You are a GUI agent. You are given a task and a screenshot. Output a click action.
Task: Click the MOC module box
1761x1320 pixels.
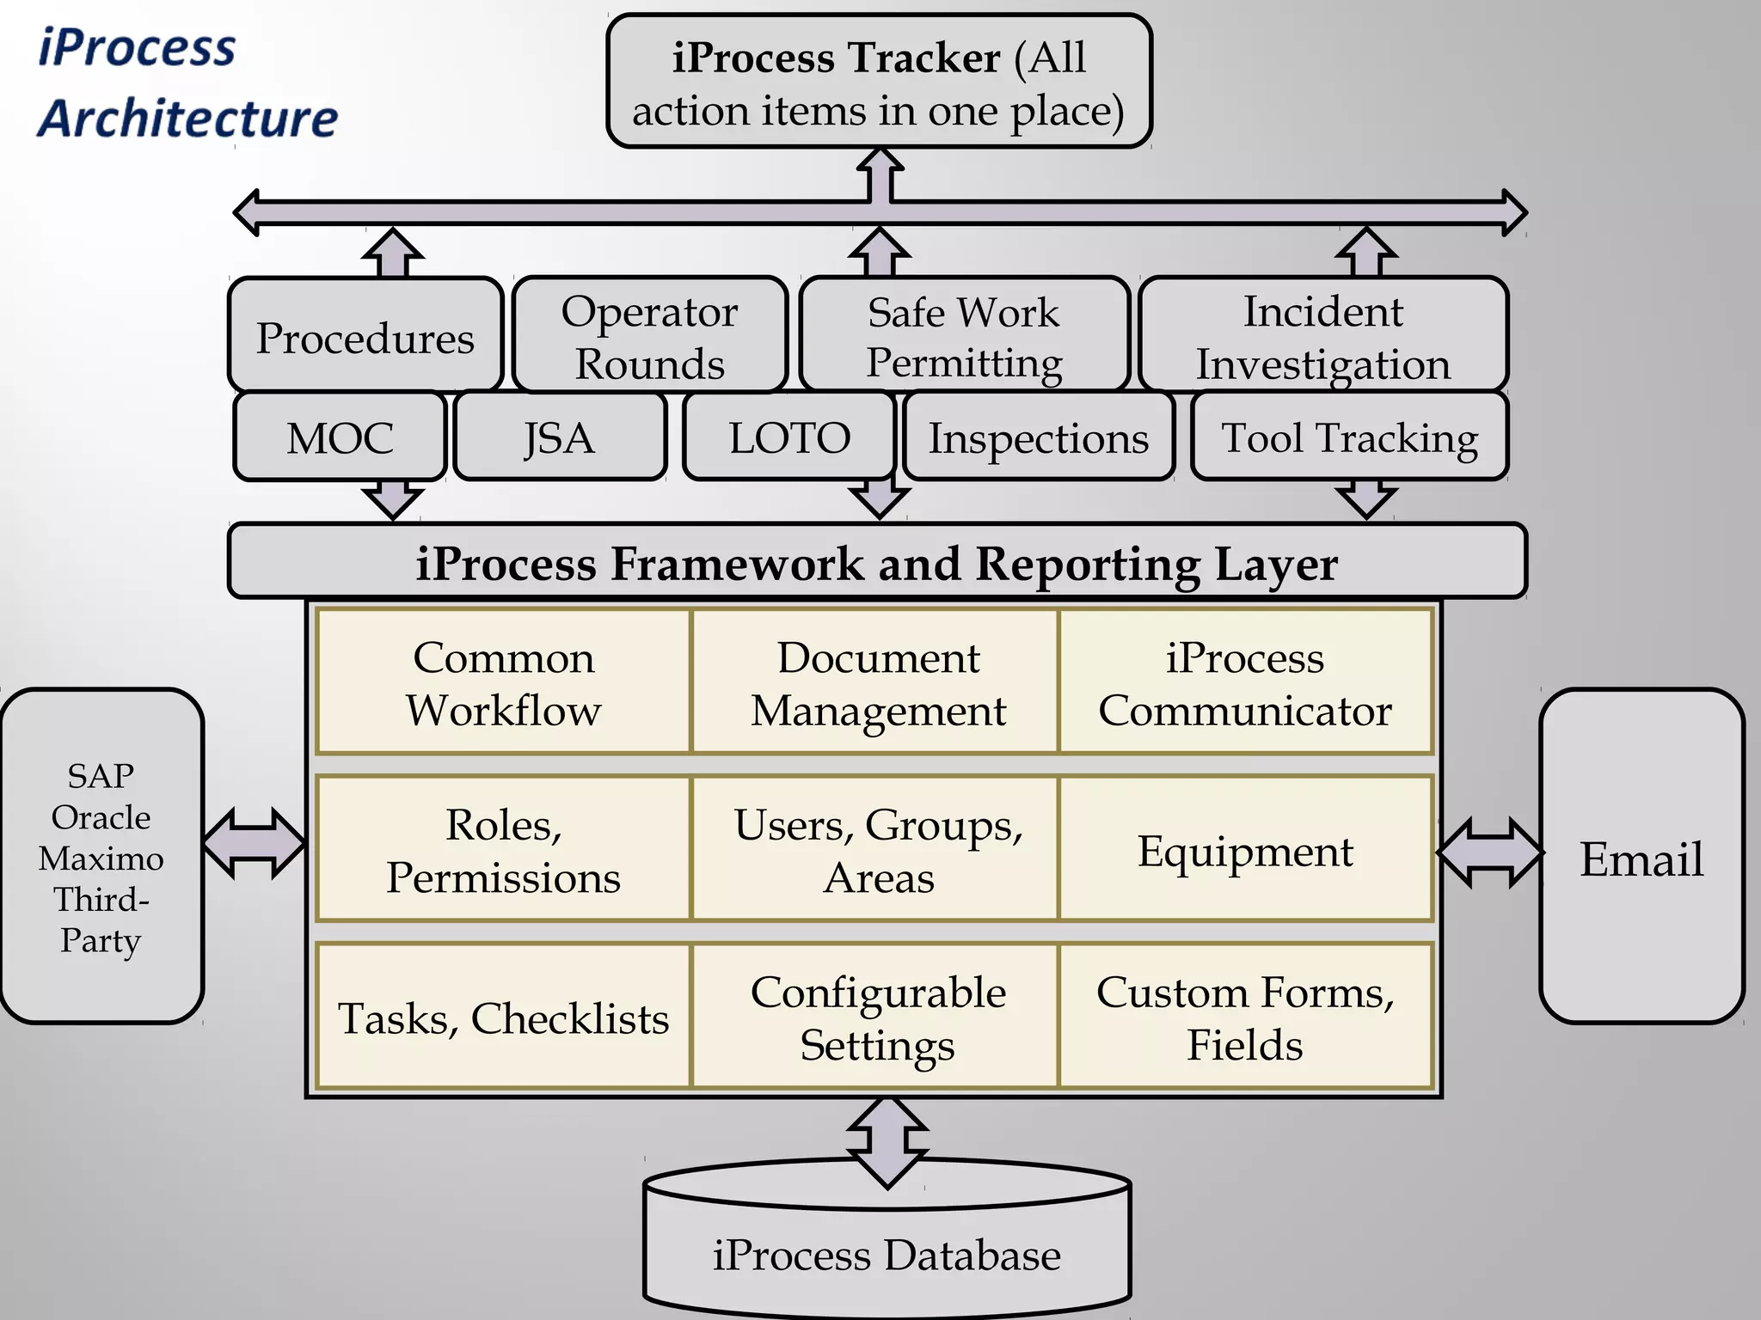pyautogui.click(x=340, y=437)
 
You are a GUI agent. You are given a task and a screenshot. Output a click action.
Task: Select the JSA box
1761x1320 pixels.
pyautogui.click(x=560, y=437)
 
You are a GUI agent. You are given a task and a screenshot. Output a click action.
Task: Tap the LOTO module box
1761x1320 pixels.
pyautogui.click(x=789, y=437)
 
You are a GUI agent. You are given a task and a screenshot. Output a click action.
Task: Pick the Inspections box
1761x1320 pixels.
pyautogui.click(x=1038, y=437)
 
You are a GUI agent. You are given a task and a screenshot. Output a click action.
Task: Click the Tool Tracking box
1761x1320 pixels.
pyautogui.click(x=1349, y=437)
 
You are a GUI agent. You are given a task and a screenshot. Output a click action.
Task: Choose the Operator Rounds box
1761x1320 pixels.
pyautogui.click(x=649, y=336)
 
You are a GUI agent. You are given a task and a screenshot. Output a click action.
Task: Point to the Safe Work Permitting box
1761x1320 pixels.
pyautogui.click(x=964, y=336)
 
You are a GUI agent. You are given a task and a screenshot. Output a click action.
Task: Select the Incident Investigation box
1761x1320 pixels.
pyautogui.click(x=1322, y=336)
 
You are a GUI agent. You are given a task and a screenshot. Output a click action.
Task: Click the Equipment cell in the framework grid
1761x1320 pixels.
pyautogui.click(x=1245, y=850)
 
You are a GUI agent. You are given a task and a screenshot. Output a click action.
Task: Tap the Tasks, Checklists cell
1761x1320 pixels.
pyautogui.click(x=503, y=1017)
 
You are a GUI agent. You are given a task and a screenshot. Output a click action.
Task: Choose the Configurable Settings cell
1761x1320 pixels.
pyautogui.click(x=877, y=1017)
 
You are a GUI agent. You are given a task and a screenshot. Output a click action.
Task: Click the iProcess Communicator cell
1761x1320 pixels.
pyautogui.click(x=1245, y=683)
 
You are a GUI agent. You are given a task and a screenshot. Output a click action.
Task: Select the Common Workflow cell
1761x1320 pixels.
pyautogui.click(x=503, y=683)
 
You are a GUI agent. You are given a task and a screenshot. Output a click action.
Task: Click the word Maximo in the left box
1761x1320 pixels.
pyautogui.click(x=101, y=858)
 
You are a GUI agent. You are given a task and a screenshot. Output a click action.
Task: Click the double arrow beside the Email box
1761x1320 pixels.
pyautogui.click(x=1488, y=852)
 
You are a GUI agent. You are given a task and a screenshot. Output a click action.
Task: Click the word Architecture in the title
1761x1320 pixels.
pyautogui.click(x=188, y=118)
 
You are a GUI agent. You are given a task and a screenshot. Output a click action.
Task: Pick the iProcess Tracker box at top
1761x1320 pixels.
pyautogui.click(x=878, y=82)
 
